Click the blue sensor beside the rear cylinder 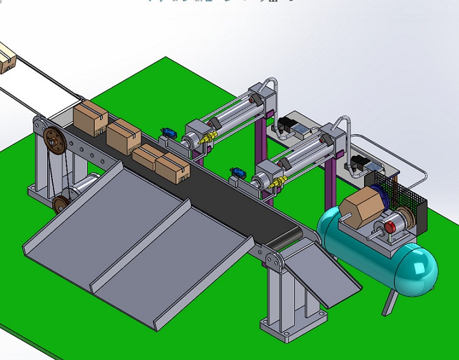coord(168,133)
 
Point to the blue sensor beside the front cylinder coord(238,173)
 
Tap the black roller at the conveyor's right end coord(284,239)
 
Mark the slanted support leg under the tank coord(389,301)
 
